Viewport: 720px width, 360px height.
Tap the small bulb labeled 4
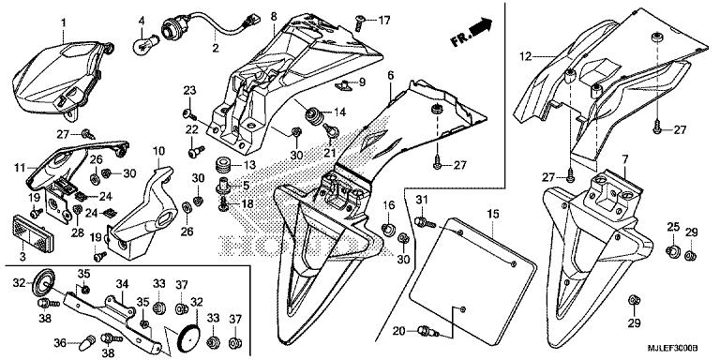click(x=144, y=43)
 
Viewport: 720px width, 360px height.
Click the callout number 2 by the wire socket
click(x=215, y=46)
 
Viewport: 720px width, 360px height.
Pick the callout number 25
click(x=672, y=228)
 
